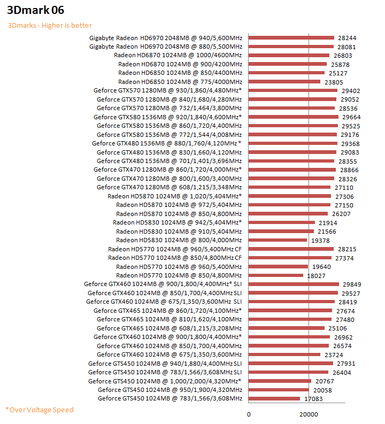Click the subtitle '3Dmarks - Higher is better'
50,26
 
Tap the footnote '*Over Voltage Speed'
40,410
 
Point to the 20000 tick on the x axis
309,415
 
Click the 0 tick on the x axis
249,415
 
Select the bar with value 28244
291,38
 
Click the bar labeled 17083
274,398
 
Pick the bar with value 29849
294,284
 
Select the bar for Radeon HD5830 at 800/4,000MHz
278,240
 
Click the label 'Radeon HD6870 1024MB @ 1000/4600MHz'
178,56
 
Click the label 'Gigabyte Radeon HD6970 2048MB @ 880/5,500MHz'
166,47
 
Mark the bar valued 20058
279,390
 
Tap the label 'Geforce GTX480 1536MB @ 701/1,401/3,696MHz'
169,161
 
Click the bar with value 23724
284,354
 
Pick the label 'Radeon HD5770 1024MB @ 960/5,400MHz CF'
175,249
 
